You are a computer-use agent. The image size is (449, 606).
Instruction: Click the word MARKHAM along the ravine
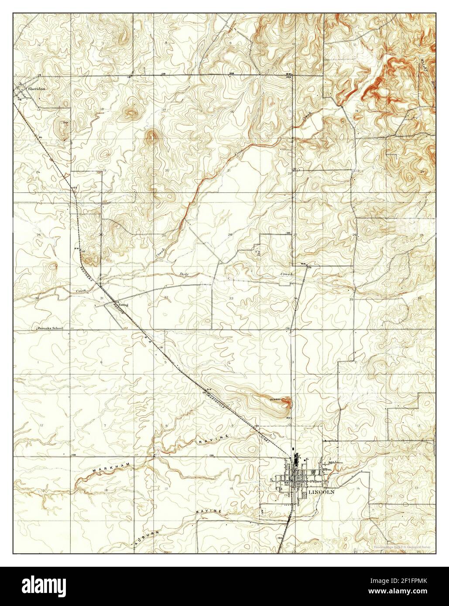106,469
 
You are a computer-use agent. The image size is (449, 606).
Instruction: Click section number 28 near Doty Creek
230,235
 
